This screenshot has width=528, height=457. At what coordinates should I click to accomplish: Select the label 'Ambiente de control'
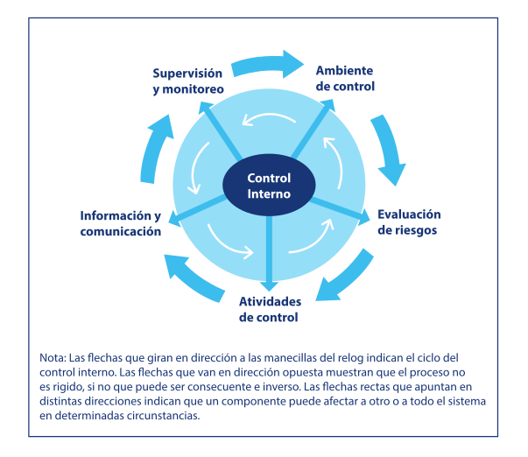(x=345, y=79)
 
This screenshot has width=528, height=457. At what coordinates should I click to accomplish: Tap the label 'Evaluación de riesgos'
(x=408, y=222)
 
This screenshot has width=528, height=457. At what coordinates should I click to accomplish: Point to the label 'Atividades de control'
(x=270, y=309)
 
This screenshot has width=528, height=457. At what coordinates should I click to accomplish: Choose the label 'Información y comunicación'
(x=121, y=224)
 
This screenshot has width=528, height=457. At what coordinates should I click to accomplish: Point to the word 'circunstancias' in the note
(x=162, y=416)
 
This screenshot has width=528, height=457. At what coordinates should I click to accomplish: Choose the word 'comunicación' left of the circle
(x=121, y=232)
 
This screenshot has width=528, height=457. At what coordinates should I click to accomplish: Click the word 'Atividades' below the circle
(x=270, y=301)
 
